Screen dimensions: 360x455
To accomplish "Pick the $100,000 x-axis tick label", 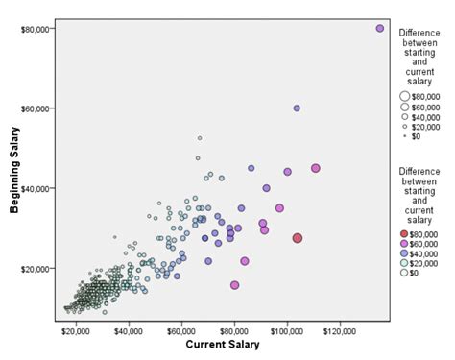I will pyautogui.click(x=286, y=330).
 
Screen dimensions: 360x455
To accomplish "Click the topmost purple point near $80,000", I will pyautogui.click(x=380, y=29).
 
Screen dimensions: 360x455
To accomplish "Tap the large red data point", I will pyautogui.click(x=298, y=238).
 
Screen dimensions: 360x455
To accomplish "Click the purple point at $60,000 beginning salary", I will pyautogui.click(x=297, y=108).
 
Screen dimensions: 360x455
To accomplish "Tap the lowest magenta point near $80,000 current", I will pyautogui.click(x=234, y=285).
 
